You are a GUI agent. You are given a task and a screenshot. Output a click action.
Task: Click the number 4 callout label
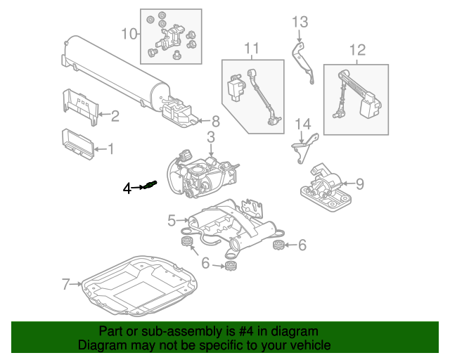(x=127, y=188)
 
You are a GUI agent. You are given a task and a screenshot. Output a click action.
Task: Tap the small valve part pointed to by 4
(x=149, y=186)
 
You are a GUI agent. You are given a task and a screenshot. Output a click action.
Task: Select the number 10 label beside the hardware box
(x=129, y=33)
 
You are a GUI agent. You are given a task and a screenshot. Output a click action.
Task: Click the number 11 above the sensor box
(x=252, y=49)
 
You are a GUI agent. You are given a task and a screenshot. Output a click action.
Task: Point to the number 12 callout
(x=357, y=49)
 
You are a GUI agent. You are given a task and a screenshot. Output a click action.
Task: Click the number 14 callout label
(x=302, y=124)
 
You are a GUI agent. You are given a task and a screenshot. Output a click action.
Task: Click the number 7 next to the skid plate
(x=66, y=284)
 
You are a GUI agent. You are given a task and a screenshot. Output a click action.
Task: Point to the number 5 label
(x=172, y=221)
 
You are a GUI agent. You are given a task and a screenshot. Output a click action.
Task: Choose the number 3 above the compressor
(x=210, y=136)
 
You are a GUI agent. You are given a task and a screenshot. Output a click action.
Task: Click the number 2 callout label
(x=115, y=116)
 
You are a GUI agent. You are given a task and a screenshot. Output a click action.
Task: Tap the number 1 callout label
(x=110, y=148)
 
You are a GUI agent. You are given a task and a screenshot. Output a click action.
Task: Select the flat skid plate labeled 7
(x=141, y=285)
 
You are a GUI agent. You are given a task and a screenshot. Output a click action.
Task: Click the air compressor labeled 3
(x=200, y=176)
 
